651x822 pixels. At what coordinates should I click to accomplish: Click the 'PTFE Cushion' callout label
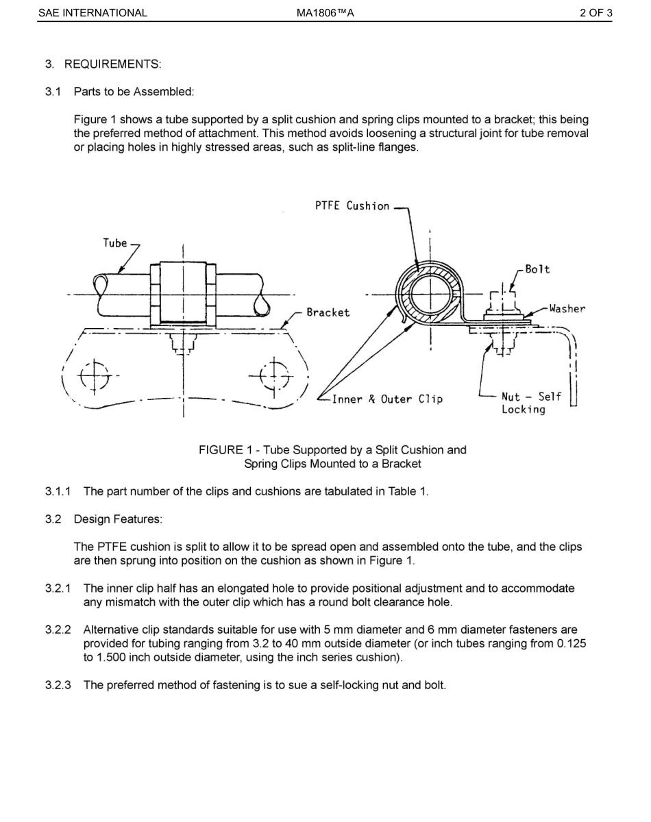(x=352, y=206)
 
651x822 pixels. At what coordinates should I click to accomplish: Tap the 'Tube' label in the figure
(x=115, y=242)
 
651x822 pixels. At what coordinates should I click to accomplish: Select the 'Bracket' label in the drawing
(x=328, y=312)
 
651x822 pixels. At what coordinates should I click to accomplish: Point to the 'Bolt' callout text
(x=537, y=269)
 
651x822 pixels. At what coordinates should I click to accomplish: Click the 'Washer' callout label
(x=567, y=309)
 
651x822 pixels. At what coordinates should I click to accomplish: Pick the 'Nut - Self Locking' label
(x=530, y=403)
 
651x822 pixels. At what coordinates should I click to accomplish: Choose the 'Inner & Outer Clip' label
(x=387, y=399)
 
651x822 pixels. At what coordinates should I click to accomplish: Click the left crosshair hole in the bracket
(x=95, y=375)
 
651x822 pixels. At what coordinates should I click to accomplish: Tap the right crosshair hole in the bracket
(x=273, y=375)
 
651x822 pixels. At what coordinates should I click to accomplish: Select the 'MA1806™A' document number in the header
(x=325, y=12)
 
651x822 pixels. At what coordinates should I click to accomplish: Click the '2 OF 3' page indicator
(x=595, y=12)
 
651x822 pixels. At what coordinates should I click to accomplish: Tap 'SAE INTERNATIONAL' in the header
(x=93, y=12)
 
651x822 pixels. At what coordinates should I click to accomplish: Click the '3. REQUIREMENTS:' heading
(x=103, y=64)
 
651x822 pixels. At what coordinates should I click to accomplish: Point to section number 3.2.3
(x=58, y=684)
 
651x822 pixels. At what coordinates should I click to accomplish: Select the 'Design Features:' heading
(x=118, y=519)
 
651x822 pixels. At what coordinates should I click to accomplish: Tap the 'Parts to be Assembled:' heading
(x=134, y=91)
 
